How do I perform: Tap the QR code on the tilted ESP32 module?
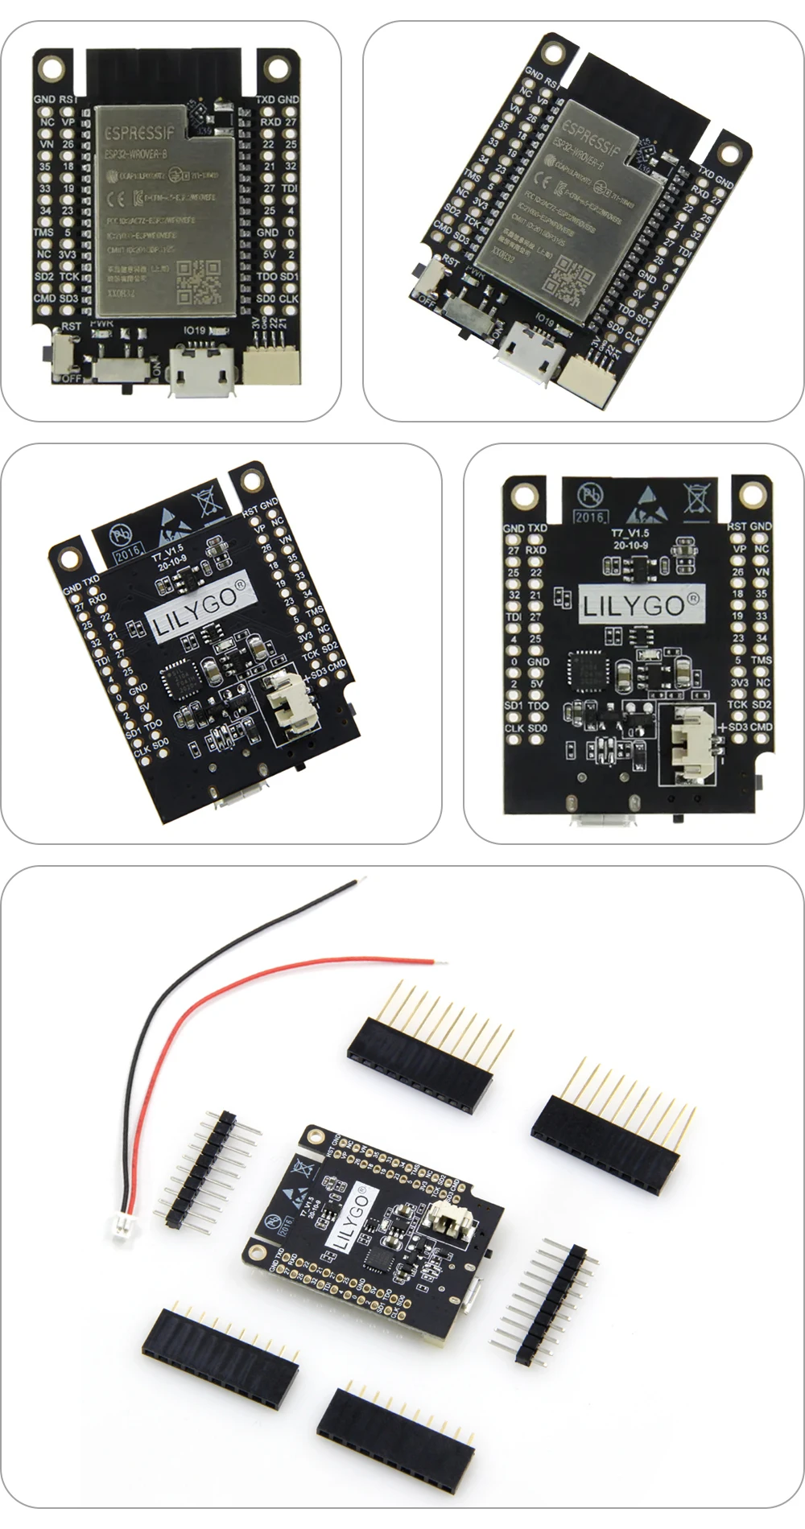[565, 278]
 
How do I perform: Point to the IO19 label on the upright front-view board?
[196, 330]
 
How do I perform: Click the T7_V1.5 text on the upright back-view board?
[630, 533]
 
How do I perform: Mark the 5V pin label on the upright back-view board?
[537, 683]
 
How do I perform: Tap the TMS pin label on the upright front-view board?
[43, 232]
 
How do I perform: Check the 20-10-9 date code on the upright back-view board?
[630, 545]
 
